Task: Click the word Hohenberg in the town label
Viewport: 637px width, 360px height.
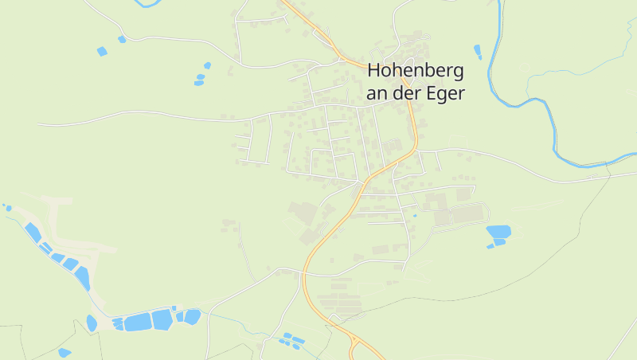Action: pos(415,71)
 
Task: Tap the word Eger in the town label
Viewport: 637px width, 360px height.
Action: pos(445,92)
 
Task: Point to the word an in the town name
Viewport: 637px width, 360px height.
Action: pos(377,92)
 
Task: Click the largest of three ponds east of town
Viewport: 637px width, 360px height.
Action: pos(498,232)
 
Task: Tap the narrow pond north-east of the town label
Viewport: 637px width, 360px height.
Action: pos(478,52)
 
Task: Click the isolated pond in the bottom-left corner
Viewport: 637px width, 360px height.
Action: pos(64,352)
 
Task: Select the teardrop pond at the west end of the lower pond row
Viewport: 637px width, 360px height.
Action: pos(92,323)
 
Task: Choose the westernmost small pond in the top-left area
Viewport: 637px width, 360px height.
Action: pos(101,52)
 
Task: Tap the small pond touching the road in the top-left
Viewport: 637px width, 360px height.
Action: pos(122,39)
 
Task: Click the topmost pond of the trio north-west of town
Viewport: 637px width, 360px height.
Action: pos(207,65)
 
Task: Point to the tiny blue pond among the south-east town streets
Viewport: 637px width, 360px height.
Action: pos(415,215)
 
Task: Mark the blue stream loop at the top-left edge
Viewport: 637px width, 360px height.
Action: pos(148,4)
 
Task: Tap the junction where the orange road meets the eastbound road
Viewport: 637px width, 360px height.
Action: pos(416,149)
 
